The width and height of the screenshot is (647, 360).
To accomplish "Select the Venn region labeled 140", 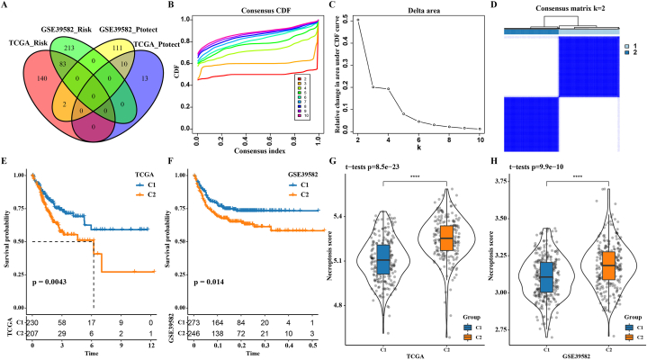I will [22, 77].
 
